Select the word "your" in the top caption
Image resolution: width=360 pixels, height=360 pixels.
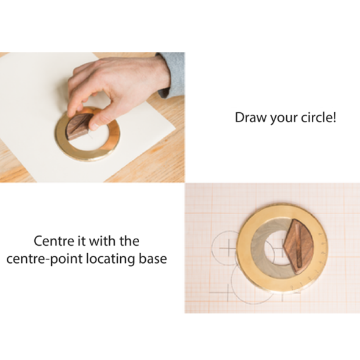click(x=280, y=117)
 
